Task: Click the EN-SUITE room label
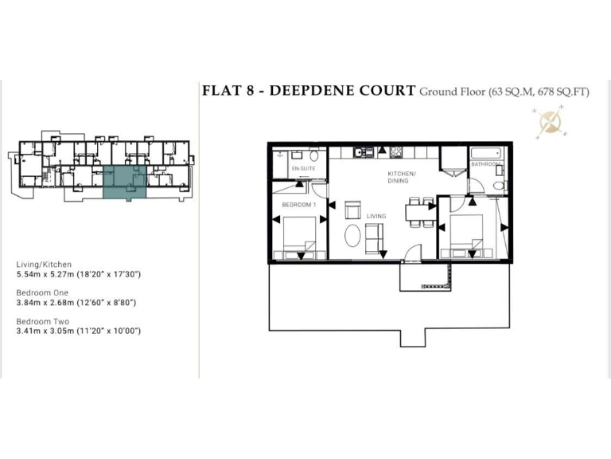point(303,170)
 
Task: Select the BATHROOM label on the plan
point(485,164)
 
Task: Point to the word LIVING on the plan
point(376,215)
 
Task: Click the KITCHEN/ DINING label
point(402,178)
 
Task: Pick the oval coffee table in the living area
point(352,237)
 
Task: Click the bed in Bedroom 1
point(300,237)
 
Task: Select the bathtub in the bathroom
point(485,151)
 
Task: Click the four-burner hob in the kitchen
point(396,151)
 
